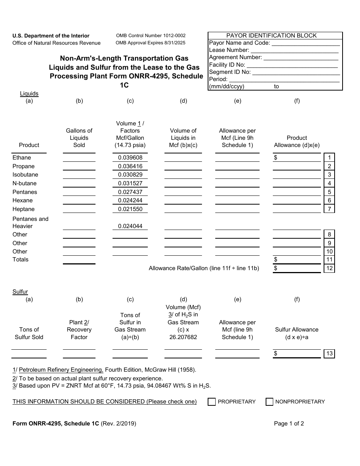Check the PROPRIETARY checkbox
pos(211,402)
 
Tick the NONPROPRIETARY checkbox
pos(269,402)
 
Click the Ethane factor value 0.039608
pos(130,158)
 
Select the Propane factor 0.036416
pos(130,166)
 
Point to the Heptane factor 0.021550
pos(130,209)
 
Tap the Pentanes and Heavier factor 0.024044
pos(130,226)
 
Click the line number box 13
pos(329,353)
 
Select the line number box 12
pos(329,268)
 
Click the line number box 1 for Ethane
pos(329,158)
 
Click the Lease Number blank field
pos(294,50)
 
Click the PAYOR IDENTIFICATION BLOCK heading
pos(271,36)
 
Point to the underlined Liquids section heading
pos(29,94)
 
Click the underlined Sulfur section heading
pos(20,292)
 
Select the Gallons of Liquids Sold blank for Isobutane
pos(79,175)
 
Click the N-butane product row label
pos(25,183)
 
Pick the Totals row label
pos(20,260)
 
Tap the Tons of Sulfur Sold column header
pos(29,333)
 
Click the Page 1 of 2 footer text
pos(289,424)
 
